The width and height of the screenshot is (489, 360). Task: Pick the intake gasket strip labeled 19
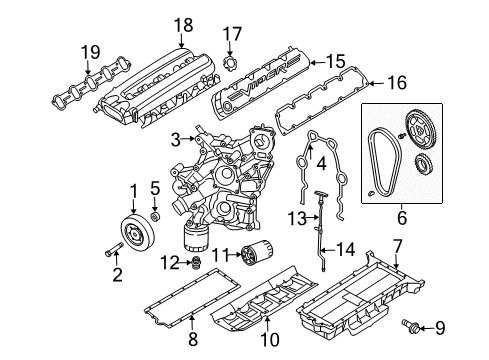67,87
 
